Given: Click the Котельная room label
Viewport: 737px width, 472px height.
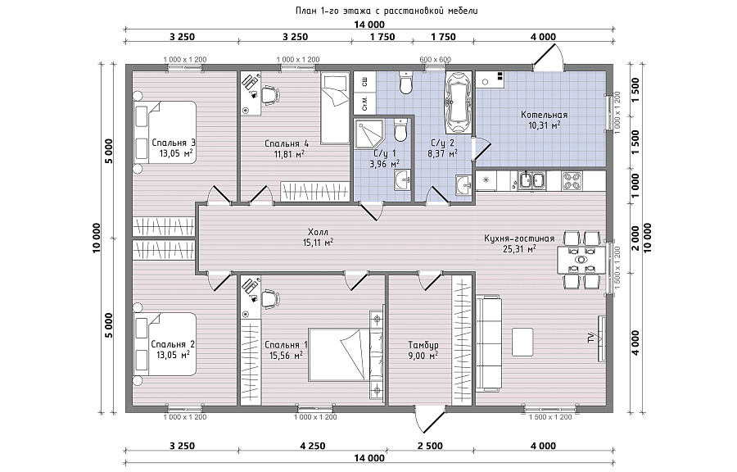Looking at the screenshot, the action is (x=544, y=115).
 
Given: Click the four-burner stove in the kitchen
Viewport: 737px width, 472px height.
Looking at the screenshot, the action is (x=572, y=181).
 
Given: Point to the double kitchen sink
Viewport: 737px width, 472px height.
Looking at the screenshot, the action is (x=531, y=181).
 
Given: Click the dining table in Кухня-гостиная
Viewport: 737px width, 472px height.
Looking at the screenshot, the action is (x=581, y=260).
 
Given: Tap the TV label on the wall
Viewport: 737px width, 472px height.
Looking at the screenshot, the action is (x=590, y=338).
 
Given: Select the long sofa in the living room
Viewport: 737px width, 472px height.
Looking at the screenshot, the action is (x=488, y=343).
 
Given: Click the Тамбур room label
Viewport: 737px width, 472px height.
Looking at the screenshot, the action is (x=423, y=345).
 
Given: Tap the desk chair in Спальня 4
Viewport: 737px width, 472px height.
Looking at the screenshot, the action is (x=269, y=95).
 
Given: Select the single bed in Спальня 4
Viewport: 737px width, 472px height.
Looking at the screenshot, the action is (x=335, y=108).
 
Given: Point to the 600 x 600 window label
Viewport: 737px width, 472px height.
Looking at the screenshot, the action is (x=436, y=60).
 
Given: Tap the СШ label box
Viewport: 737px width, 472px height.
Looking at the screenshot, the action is (x=364, y=82).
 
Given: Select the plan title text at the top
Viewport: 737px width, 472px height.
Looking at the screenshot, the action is (x=387, y=11).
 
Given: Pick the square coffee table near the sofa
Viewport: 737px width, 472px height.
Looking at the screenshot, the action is (x=522, y=343).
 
